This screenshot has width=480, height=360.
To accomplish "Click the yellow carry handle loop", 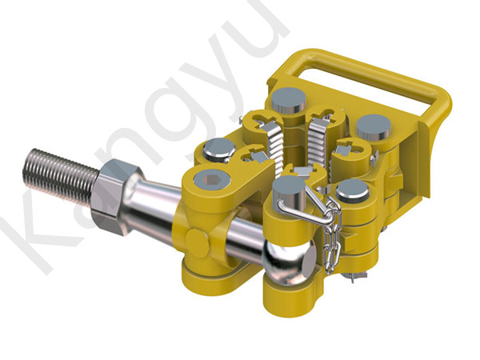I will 376,80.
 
